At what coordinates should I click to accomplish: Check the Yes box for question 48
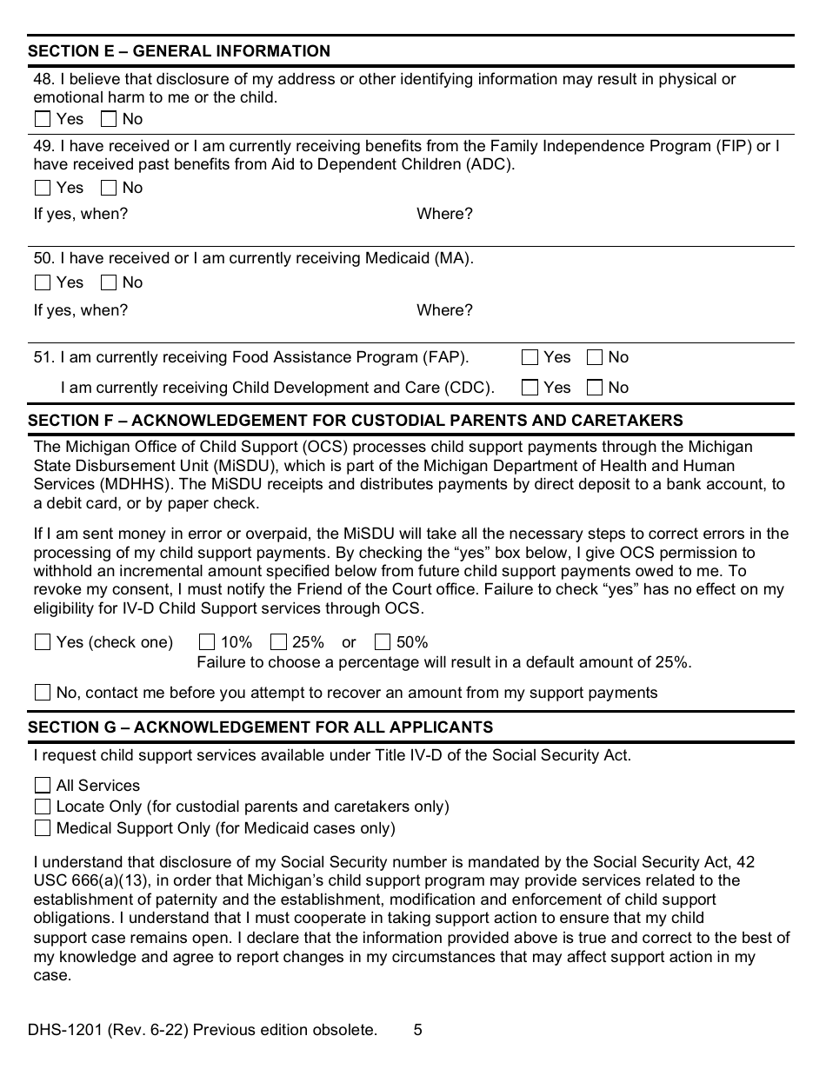(43, 119)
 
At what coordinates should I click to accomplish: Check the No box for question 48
(109, 119)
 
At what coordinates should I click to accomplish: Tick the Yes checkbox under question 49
(43, 188)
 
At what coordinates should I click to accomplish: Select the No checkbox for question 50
(109, 282)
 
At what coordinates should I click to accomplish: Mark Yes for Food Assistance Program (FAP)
(530, 357)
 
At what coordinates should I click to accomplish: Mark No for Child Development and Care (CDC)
(596, 388)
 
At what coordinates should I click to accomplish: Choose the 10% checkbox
(207, 642)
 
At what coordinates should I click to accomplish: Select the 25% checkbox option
(278, 642)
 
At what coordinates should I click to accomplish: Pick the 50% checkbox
(383, 642)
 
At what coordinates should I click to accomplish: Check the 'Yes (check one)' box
(43, 642)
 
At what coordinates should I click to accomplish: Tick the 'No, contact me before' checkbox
(43, 693)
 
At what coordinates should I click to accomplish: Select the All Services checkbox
(43, 786)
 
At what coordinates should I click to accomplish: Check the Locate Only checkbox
(43, 807)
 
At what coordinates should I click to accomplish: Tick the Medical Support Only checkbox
(43, 828)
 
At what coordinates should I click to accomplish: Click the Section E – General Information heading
(179, 51)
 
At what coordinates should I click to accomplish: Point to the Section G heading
(260, 727)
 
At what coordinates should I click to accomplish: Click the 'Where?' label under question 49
(444, 214)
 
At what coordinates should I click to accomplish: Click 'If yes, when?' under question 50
(81, 310)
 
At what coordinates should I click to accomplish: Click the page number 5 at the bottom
(418, 1030)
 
